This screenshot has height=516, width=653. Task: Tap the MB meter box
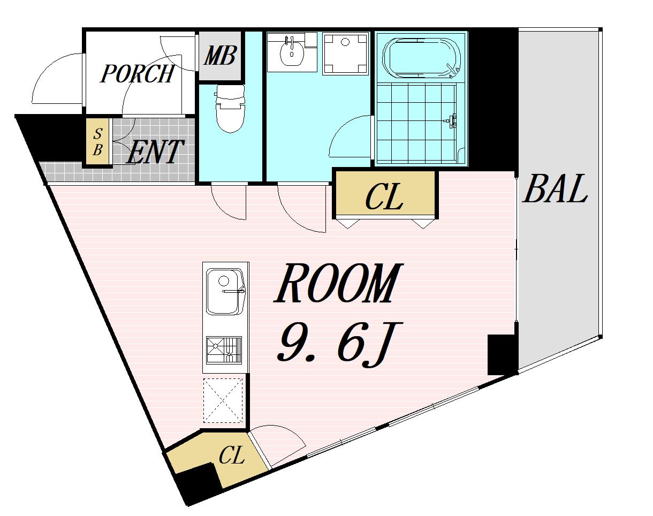[x=221, y=56]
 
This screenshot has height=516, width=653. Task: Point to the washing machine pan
[x=345, y=54]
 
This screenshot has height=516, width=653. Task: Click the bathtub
[x=422, y=58]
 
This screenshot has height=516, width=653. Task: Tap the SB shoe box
[x=97, y=142]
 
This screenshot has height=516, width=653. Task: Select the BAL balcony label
[x=555, y=188]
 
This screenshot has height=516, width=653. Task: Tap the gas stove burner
[x=224, y=350]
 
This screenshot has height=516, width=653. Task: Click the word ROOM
[x=338, y=283]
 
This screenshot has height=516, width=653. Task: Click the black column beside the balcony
[x=502, y=354]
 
